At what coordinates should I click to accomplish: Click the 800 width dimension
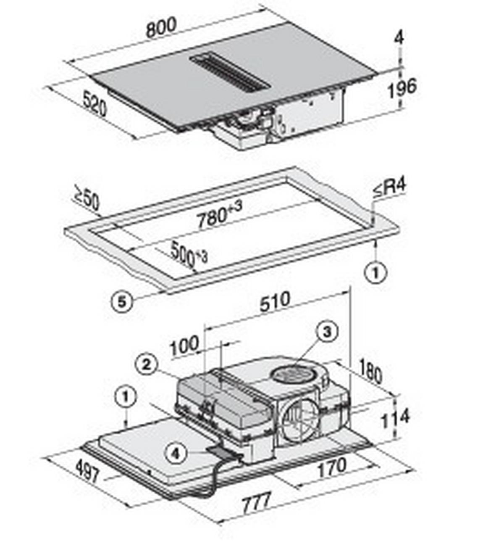(161, 28)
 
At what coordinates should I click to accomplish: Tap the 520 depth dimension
(94, 104)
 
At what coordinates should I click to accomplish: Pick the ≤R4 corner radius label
(389, 187)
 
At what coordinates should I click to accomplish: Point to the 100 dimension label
(184, 346)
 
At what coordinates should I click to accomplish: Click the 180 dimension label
(370, 370)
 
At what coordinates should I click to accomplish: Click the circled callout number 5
(122, 302)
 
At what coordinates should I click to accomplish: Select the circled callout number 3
(327, 332)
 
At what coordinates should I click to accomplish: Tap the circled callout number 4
(176, 454)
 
